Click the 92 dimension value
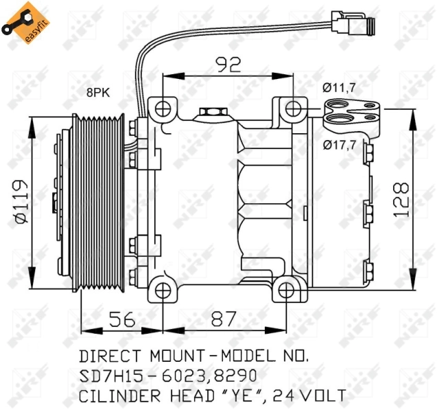[228, 65]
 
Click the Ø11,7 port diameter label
[341, 87]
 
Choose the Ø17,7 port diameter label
[341, 144]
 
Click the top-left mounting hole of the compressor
[163, 108]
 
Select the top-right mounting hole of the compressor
[293, 108]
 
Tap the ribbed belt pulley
[99, 199]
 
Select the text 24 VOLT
[309, 396]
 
